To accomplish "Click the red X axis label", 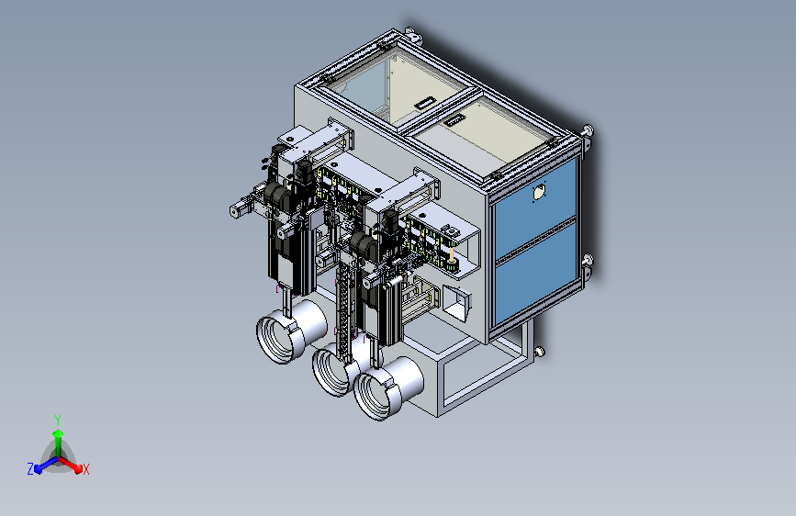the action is coord(85,469).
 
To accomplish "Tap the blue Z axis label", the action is coord(30,469).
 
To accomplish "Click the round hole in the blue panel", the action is coord(539,193).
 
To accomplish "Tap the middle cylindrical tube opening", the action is coord(331,371).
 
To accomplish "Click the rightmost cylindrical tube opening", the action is coord(375,396).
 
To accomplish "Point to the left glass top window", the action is coord(385,92).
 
